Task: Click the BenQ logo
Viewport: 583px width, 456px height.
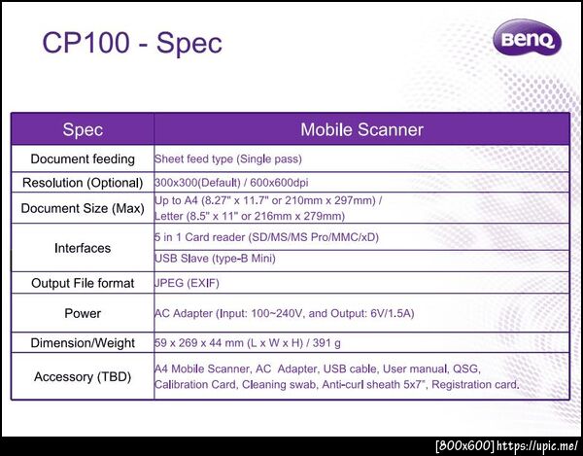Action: pos(528,38)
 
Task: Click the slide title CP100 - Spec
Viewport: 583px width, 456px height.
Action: pos(132,43)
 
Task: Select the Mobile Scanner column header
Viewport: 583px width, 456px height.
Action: pos(361,130)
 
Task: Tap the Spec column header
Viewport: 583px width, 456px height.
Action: pos(83,130)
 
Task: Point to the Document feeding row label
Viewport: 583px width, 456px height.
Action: pos(83,158)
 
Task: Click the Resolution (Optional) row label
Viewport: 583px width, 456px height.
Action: pos(83,183)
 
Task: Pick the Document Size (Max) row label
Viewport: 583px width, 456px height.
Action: pos(83,208)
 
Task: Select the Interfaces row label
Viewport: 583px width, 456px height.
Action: pos(83,248)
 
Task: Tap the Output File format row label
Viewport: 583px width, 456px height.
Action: pos(83,283)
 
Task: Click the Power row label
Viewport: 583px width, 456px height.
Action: pos(83,313)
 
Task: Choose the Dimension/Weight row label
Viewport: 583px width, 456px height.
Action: pos(83,343)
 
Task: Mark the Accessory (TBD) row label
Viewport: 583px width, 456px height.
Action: pos(83,377)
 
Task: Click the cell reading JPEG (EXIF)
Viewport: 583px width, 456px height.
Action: pos(187,283)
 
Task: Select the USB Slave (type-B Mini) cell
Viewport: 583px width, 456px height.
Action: pos(215,258)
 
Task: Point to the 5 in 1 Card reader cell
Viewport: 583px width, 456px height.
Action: pos(266,237)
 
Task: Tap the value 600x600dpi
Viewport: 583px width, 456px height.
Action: pos(279,183)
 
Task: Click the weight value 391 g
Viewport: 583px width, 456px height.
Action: pos(326,343)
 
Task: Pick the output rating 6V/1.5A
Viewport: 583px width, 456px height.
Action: pos(393,313)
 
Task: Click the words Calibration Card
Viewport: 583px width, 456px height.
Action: pos(195,384)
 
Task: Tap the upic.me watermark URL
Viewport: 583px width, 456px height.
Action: pos(537,445)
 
